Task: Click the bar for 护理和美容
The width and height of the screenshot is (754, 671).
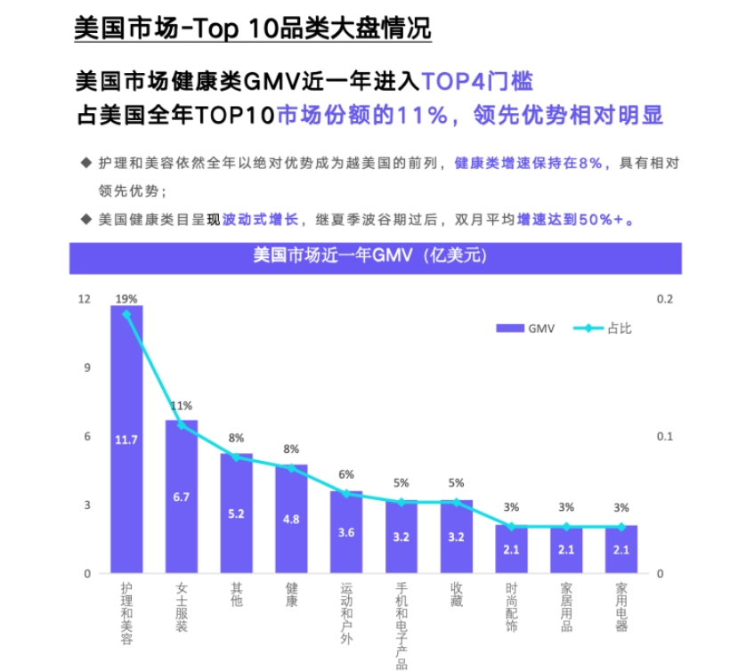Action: click(x=126, y=440)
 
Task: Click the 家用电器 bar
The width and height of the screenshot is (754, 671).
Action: click(x=621, y=549)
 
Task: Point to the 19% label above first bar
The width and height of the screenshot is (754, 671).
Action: click(x=126, y=299)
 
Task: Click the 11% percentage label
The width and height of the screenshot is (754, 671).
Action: click(x=182, y=406)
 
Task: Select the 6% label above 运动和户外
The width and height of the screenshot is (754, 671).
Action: click(x=346, y=474)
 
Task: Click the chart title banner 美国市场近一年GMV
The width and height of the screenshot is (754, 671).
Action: click(x=375, y=258)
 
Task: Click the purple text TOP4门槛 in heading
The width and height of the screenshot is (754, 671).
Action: click(x=477, y=83)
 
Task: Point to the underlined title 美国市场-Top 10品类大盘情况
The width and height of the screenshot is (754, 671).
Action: click(x=252, y=28)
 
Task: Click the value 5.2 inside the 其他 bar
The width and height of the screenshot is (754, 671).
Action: click(x=236, y=514)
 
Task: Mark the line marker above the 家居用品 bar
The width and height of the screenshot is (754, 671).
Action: click(x=566, y=527)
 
